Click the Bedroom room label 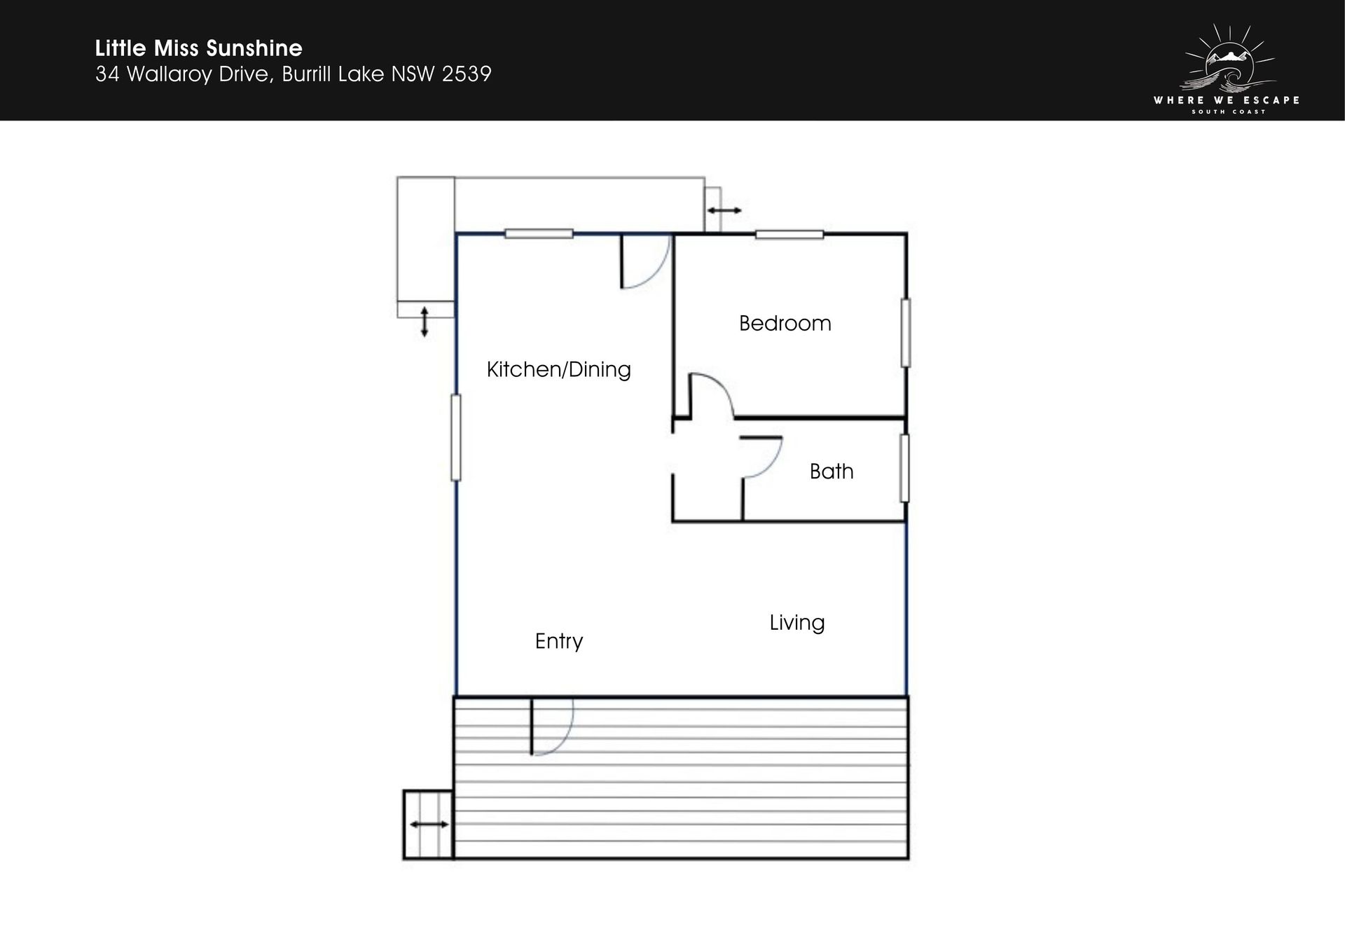(785, 323)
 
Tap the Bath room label (832, 471)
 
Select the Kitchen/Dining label (559, 369)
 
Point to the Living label (797, 623)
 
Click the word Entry (559, 641)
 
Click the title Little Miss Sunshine (199, 48)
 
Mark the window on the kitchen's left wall (456, 438)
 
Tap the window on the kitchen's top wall (539, 234)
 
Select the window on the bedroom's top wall (789, 234)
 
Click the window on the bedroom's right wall (906, 333)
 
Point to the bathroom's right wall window (905, 468)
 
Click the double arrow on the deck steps (429, 825)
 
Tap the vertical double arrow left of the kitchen (424, 322)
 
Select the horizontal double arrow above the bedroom (724, 210)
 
